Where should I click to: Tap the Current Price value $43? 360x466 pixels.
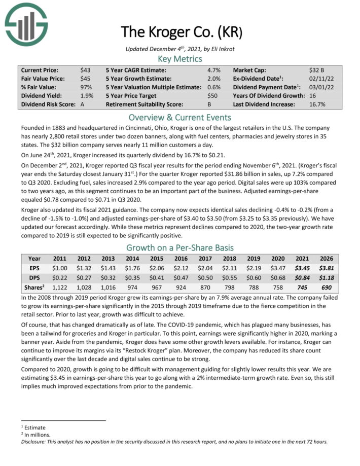click(x=85, y=70)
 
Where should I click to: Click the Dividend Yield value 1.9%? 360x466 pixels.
click(x=87, y=96)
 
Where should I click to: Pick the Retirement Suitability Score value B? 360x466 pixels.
click(x=210, y=104)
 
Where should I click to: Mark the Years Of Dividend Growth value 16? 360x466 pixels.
click(x=312, y=96)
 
